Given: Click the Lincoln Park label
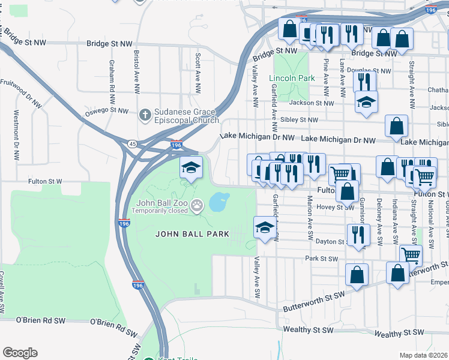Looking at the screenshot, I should tap(292, 79).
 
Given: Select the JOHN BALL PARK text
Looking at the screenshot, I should tap(192, 234).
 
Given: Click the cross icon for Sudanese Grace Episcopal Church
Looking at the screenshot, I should tap(145, 114).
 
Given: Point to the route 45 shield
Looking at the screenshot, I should tap(131, 143).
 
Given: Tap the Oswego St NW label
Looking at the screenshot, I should tap(106, 111).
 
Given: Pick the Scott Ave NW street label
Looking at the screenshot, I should tap(197, 69).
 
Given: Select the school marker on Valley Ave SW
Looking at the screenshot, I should tap(264, 227).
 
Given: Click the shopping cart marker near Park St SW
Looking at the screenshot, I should tap(411, 255).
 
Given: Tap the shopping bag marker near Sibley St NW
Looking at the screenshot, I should tap(397, 126).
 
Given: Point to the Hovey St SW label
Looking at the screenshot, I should tap(340, 208).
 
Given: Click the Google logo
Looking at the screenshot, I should tap(20, 353).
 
